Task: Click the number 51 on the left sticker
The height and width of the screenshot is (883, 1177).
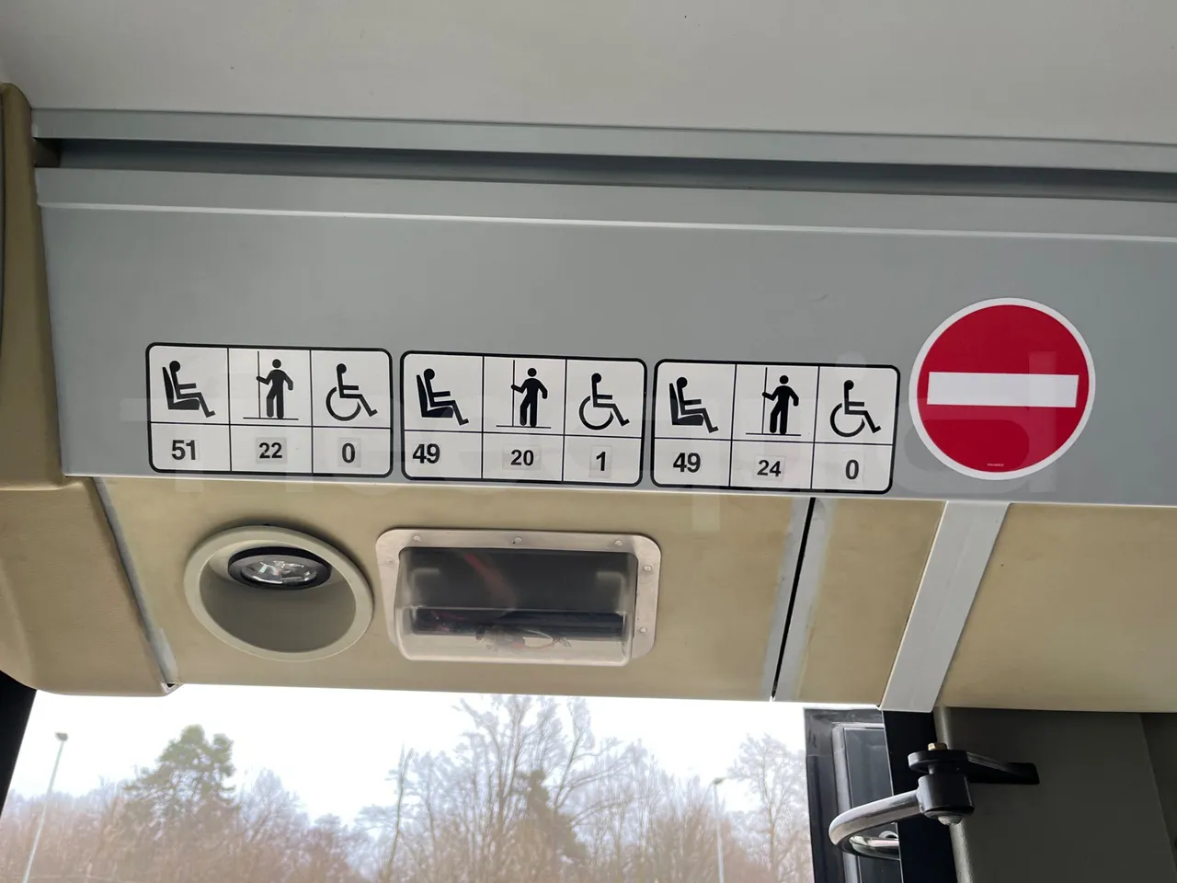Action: [184, 450]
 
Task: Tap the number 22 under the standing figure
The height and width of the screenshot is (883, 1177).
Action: [270, 451]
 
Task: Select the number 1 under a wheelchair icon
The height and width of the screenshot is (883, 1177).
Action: [602, 460]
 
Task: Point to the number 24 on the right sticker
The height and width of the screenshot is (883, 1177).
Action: [770, 467]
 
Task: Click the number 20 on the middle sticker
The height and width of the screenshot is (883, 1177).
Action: [522, 456]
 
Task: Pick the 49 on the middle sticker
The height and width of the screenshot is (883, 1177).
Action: [426, 453]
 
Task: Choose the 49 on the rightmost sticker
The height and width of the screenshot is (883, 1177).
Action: [687, 463]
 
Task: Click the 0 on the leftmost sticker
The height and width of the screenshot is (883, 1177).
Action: [349, 452]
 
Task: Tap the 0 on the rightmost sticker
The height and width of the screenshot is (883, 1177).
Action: [851, 469]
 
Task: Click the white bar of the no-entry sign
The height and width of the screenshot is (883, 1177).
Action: [1001, 390]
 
